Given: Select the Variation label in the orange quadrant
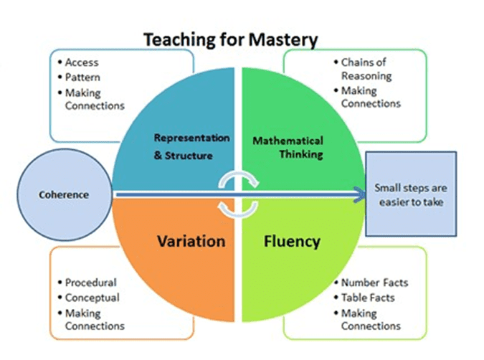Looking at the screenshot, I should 191,241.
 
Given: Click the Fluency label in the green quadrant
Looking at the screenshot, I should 291,241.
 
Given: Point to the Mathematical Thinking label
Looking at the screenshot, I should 288,147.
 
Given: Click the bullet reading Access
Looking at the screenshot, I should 81,62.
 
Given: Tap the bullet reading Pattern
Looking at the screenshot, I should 82,77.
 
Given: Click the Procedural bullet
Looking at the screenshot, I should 90,283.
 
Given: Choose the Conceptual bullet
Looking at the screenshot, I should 92,297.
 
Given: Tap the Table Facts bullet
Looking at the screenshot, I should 368,297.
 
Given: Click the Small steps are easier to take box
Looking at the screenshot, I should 412,194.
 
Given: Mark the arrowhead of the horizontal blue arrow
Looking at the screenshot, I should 357,194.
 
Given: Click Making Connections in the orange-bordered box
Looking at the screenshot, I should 94,319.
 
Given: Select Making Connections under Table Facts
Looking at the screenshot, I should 370,319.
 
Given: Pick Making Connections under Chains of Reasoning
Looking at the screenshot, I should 370,98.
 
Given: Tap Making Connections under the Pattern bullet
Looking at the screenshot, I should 94,98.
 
